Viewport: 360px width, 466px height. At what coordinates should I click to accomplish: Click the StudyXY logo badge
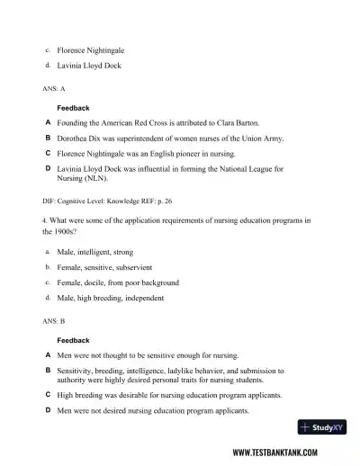pos(322,428)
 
